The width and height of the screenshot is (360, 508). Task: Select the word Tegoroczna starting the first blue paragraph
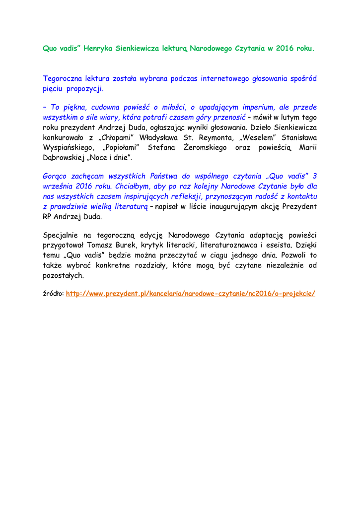click(x=63, y=78)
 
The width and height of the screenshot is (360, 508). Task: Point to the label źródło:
click(x=53, y=294)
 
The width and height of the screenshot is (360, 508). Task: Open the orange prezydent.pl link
click(x=191, y=294)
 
